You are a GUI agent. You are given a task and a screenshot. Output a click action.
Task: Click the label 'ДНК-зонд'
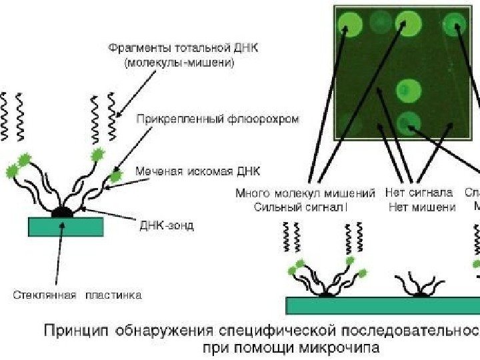pos(167,226)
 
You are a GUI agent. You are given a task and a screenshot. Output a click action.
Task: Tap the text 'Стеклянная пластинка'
pos(77,293)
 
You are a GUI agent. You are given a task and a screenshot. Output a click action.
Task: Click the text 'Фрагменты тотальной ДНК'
pos(182,49)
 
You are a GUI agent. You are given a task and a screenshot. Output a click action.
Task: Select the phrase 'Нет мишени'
pos(422,207)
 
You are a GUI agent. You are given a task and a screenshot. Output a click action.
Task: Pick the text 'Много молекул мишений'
pos(305,193)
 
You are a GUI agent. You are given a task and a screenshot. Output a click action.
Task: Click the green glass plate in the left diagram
pos(65,227)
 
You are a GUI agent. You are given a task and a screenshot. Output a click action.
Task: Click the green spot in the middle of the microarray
pos(405,89)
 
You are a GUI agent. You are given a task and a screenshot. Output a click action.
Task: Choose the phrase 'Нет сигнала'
pos(419,193)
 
